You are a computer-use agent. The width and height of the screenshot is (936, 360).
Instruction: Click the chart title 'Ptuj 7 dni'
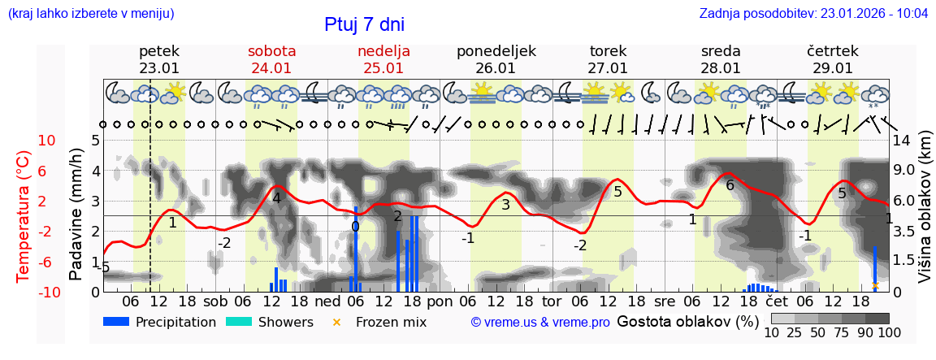[364, 24]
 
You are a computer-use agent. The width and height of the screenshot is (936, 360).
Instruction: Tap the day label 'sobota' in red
[271, 51]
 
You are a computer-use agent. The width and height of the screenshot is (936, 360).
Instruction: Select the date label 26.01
[496, 68]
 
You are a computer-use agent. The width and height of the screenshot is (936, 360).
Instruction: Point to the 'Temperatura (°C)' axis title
[23, 215]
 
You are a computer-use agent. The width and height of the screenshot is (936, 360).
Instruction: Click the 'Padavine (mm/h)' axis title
[76, 215]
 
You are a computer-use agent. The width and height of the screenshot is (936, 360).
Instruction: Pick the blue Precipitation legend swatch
[117, 322]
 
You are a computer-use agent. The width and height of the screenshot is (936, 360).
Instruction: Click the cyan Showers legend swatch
[239, 322]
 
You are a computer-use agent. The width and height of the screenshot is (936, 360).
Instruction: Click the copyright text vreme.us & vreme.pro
[540, 323]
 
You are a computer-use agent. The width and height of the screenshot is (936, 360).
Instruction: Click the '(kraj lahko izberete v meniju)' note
[91, 14]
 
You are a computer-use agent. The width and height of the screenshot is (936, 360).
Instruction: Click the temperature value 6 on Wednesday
[730, 185]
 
